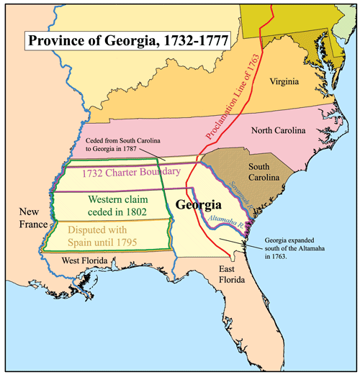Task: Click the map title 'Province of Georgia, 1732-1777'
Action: coord(126,40)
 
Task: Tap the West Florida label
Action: coord(85,260)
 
